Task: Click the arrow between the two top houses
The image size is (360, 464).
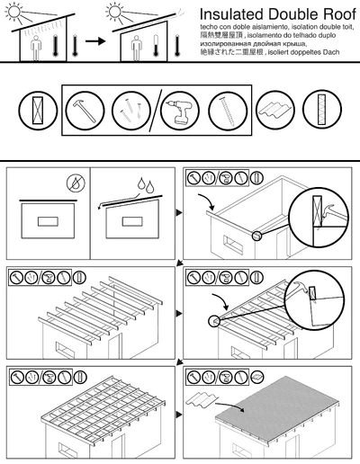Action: coord(89,40)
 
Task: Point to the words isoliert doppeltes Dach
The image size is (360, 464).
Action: coord(315,52)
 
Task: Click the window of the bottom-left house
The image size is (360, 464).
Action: coord(65,446)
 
